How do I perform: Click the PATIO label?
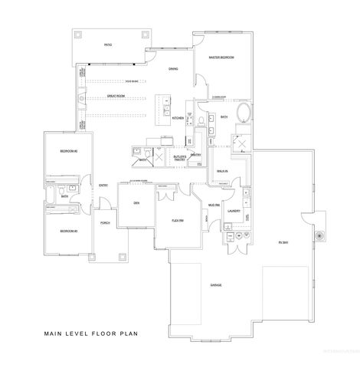click(108, 45)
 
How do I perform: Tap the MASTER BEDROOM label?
click(221, 58)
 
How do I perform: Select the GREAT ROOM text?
click(116, 97)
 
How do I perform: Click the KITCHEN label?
click(177, 119)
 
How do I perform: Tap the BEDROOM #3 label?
click(69, 228)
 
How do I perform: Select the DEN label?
click(135, 202)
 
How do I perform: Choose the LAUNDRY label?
click(234, 210)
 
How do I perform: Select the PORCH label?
click(104, 223)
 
